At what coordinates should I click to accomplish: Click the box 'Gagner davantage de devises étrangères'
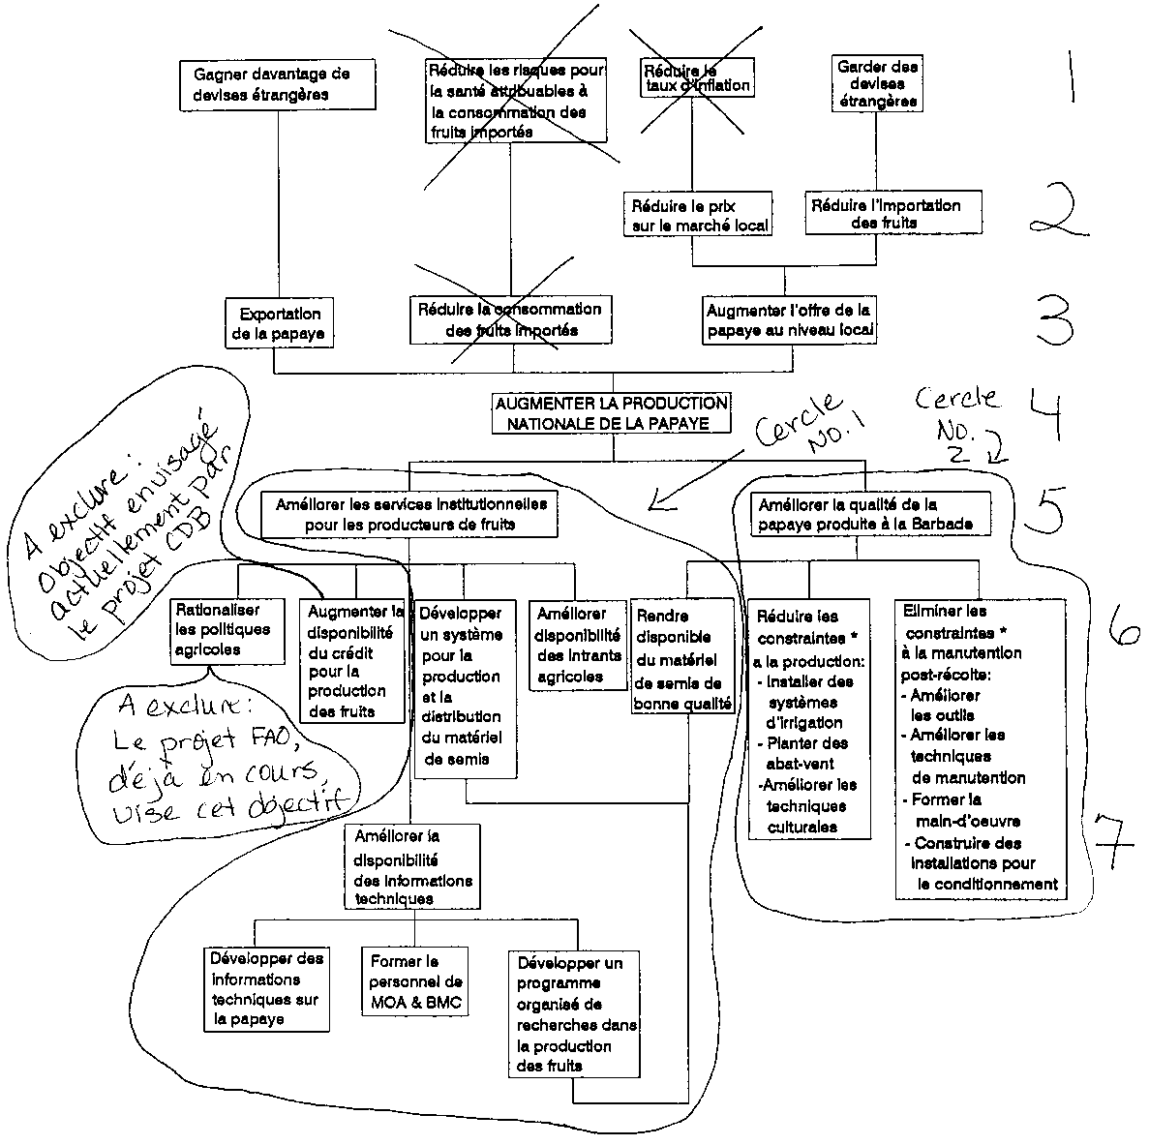[x=277, y=84]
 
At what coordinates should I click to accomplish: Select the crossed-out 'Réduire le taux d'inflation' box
[x=696, y=77]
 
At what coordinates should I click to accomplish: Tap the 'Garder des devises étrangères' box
[x=877, y=84]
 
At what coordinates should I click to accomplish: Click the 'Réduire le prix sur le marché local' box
[x=698, y=215]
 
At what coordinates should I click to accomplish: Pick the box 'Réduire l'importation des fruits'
[x=885, y=214]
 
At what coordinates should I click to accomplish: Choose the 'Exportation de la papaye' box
[x=280, y=323]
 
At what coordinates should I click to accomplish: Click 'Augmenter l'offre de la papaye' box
[x=789, y=320]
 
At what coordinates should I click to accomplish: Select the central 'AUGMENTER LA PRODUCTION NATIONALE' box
[x=610, y=412]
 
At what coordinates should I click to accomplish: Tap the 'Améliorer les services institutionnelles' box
[x=410, y=514]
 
